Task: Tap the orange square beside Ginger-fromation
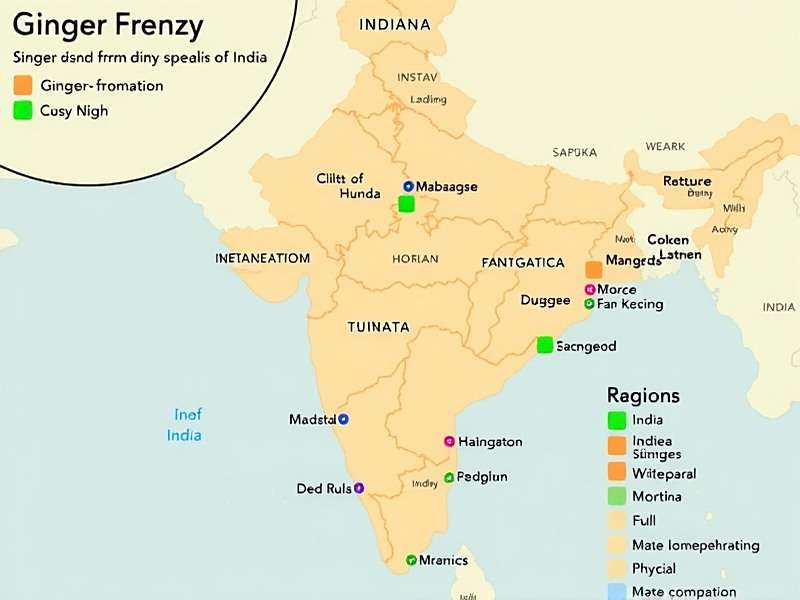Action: [x=22, y=85]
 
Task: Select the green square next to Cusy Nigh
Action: [x=22, y=111]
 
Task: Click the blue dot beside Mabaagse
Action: [x=408, y=187]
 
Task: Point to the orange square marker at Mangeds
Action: [x=594, y=269]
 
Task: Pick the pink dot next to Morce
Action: [x=589, y=289]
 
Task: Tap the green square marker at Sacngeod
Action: [x=545, y=345]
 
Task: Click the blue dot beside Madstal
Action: [x=343, y=419]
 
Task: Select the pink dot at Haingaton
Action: [x=449, y=441]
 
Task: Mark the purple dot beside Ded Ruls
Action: [x=359, y=488]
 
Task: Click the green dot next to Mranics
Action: [x=411, y=560]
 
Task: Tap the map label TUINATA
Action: [x=378, y=327]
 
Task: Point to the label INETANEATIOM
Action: [x=262, y=258]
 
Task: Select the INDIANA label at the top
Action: [x=395, y=24]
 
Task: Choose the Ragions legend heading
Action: [x=643, y=395]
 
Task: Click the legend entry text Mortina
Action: [x=657, y=497]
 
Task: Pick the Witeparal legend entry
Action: [x=664, y=472]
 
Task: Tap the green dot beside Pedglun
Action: [x=449, y=477]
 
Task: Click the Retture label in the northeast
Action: [x=687, y=181]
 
